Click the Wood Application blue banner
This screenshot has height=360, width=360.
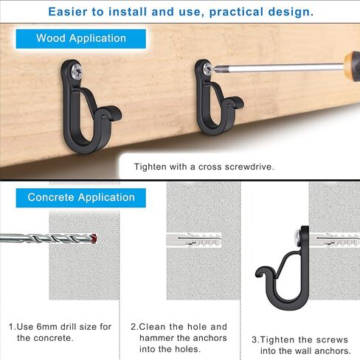(81, 39)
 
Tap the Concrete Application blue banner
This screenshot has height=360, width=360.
(81, 198)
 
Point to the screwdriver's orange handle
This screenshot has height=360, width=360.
(352, 65)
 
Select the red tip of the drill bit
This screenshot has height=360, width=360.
(94, 238)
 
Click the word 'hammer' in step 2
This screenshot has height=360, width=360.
(159, 338)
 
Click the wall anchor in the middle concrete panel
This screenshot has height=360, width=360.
(194, 240)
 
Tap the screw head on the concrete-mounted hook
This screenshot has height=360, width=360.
(298, 238)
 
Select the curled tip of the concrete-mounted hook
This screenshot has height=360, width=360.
(261, 272)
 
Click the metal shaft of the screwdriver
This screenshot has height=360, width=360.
(279, 68)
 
